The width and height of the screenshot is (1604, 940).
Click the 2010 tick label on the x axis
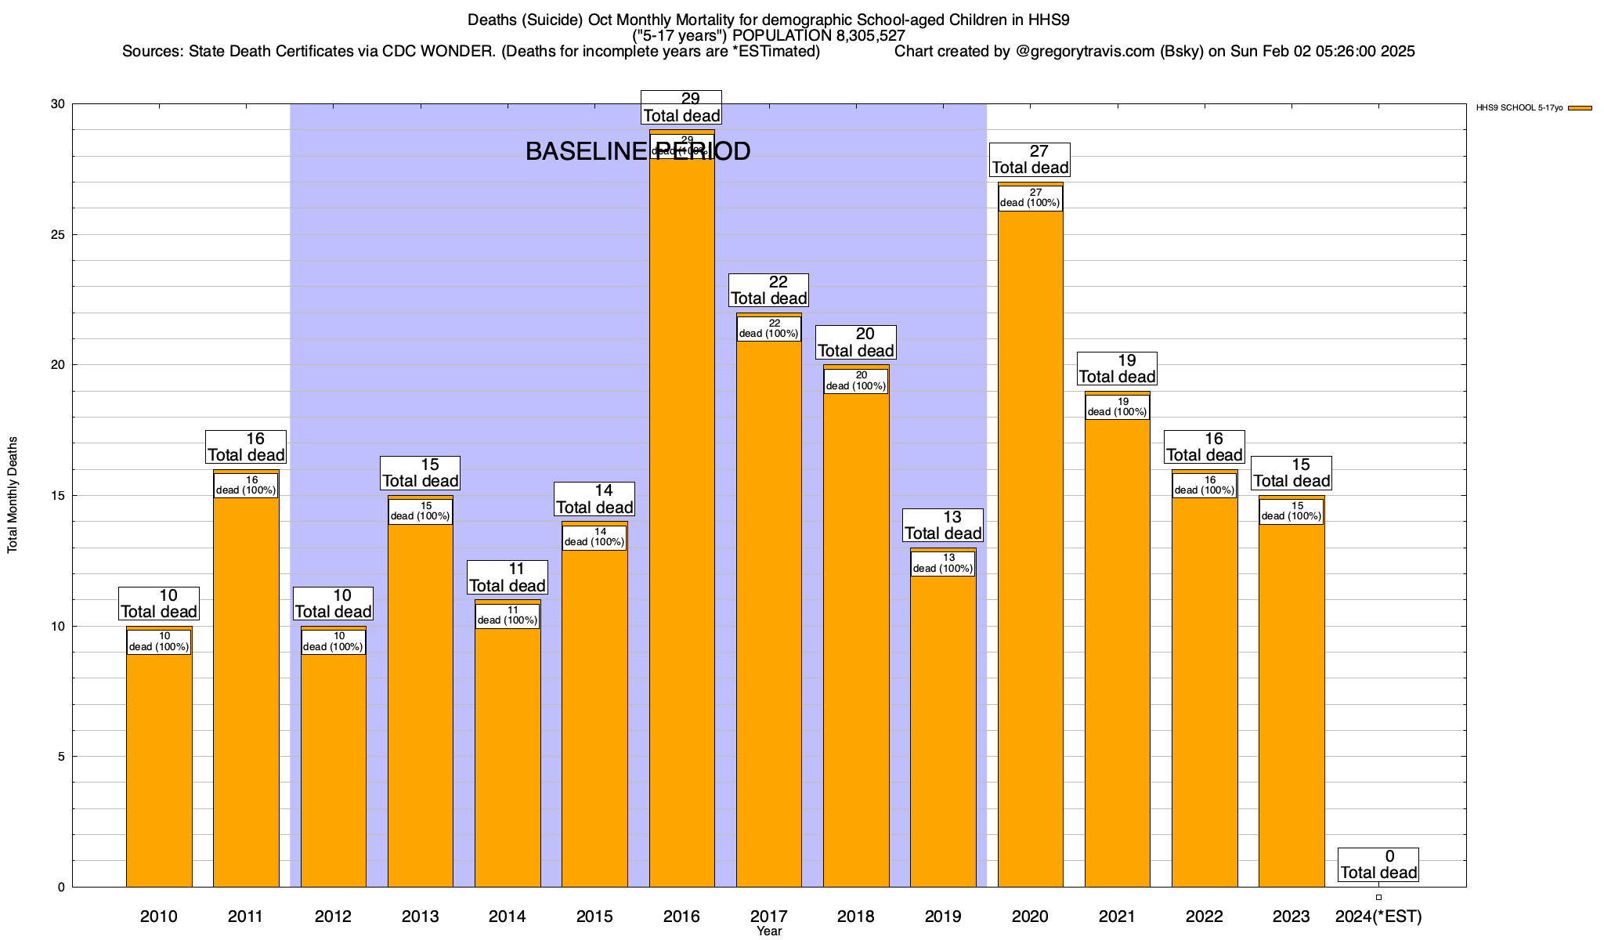click(x=159, y=916)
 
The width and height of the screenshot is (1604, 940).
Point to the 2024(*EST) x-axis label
click(x=1378, y=916)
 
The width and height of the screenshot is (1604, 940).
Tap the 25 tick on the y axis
click(x=60, y=235)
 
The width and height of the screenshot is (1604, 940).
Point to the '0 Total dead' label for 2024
click(x=1378, y=865)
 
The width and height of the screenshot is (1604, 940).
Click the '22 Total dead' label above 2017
click(x=768, y=291)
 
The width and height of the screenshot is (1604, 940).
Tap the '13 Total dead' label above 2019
click(x=943, y=526)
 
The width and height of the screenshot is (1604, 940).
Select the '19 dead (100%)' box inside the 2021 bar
click(x=1118, y=407)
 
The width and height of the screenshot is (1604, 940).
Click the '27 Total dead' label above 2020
click(x=1030, y=160)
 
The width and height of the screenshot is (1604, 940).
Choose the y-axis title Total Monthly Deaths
click(x=13, y=495)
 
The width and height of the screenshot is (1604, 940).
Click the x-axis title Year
click(x=769, y=931)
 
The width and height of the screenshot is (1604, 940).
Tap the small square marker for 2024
click(x=1378, y=897)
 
